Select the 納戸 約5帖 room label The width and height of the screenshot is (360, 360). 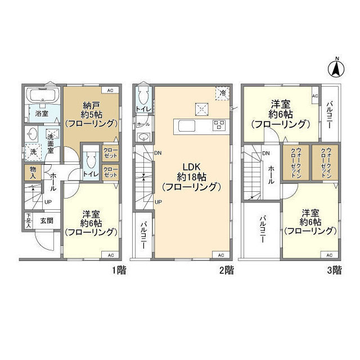tap(91, 112)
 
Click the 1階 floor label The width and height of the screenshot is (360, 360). tap(118, 271)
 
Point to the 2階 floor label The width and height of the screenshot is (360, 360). tap(226, 271)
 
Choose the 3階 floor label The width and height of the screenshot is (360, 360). tap(334, 271)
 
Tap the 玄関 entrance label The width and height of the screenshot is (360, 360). tap(46, 220)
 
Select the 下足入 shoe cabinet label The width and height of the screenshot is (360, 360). tap(28, 220)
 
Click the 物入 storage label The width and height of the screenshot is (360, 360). tap(33, 172)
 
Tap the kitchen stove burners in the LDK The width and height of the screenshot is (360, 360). tap(219, 125)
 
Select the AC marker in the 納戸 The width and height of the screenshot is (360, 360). tap(110, 91)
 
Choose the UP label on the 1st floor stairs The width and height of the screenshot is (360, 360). tap(48, 202)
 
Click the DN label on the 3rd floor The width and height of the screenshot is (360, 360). tap(265, 154)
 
